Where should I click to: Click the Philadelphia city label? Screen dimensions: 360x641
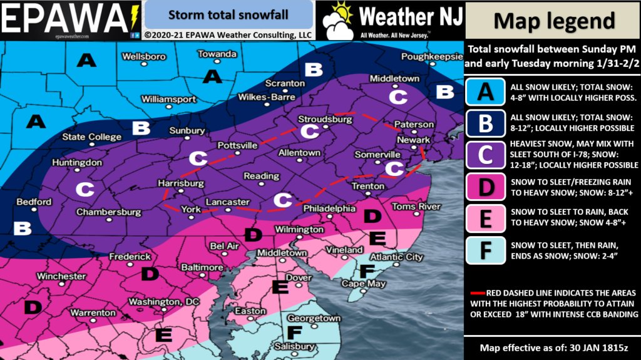[x=329, y=208]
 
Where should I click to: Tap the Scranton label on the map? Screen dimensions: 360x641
[x=284, y=83]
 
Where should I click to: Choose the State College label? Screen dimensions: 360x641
[x=91, y=137]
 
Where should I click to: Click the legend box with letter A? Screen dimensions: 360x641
[x=485, y=92]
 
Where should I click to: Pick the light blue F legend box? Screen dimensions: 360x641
[x=485, y=251]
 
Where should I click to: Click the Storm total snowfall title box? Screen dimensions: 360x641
[x=228, y=14]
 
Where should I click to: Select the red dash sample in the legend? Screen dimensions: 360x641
[x=479, y=292]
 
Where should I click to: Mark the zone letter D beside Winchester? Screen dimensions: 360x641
[x=32, y=307]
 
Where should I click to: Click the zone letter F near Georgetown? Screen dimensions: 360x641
[x=294, y=332]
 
